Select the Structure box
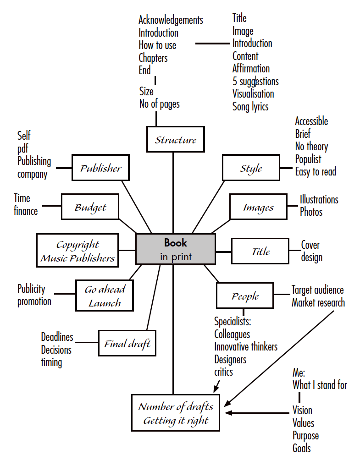[175, 140]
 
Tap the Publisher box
[100, 168]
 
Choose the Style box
[251, 168]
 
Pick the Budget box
[90, 207]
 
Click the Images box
[258, 207]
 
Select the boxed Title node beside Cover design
[260, 251]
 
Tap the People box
[245, 296]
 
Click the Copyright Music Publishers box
[78, 251]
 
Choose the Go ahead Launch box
[105, 296]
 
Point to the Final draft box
[127, 343]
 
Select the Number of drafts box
[176, 413]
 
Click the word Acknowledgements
[171, 20]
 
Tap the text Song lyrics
[250, 107]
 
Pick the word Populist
[308, 159]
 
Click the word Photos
[311, 212]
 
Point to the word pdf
[23, 148]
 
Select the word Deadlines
[57, 337]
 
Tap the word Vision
[302, 410]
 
